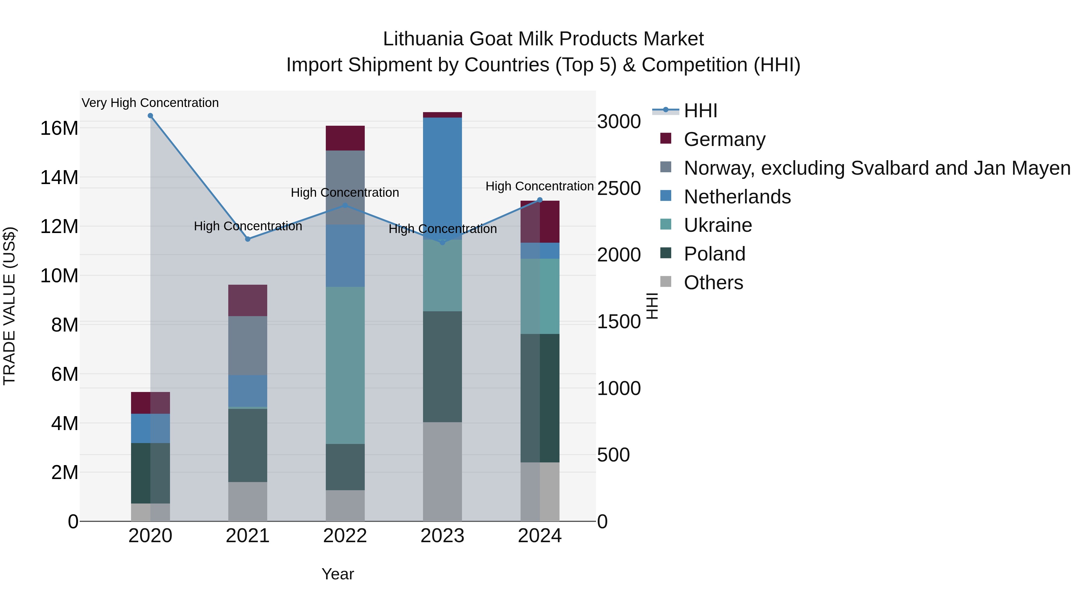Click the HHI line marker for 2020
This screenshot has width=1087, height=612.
pos(150,116)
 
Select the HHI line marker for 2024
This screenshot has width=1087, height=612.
pos(540,200)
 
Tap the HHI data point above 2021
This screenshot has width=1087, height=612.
pos(248,239)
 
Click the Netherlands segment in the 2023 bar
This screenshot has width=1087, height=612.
pos(442,177)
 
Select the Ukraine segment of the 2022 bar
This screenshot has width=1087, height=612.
pos(345,365)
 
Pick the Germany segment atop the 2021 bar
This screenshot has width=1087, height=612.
pos(248,300)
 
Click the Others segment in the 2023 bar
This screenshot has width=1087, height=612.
pos(442,471)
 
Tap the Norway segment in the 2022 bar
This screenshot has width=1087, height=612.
pos(345,187)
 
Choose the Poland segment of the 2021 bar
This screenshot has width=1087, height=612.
pos(248,445)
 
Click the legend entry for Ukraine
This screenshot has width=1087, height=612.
pos(717,225)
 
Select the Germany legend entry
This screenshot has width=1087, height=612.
pos(724,139)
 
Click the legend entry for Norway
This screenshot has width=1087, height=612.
pos(877,168)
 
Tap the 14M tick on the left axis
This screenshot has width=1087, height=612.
pos(59,177)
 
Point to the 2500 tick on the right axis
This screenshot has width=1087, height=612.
pos(619,188)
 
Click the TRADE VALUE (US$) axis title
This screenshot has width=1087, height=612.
pos(9,306)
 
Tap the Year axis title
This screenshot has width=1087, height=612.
pos(338,574)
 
